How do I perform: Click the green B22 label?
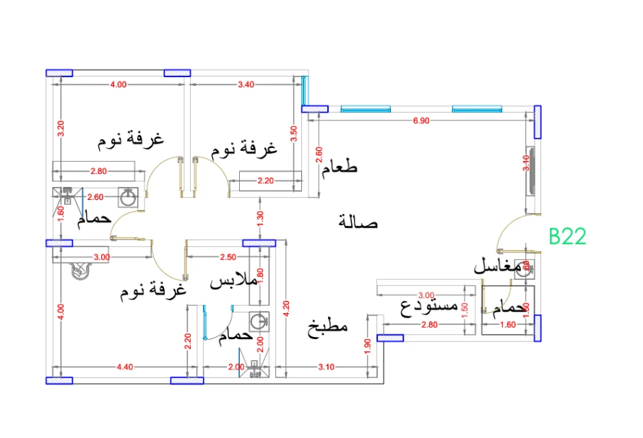[566, 237]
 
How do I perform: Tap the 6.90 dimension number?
[420, 121]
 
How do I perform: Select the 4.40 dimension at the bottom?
[124, 367]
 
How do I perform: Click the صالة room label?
[358, 222]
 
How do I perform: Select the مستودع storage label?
[429, 307]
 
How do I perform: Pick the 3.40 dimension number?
[246, 84]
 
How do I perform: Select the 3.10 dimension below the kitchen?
[325, 367]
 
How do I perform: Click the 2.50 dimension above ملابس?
[228, 257]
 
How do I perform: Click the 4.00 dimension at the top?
[118, 84]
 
